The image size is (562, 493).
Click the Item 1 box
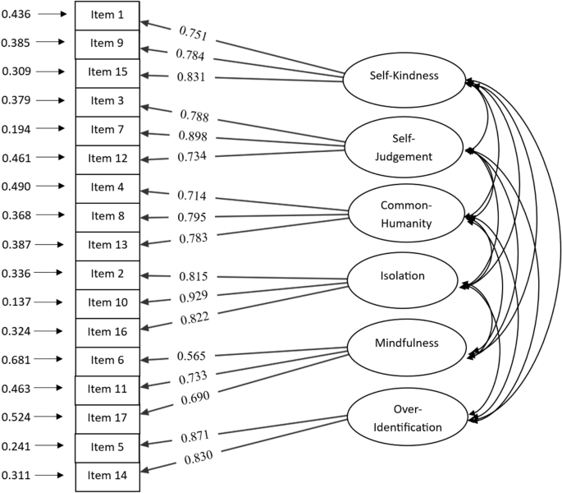[x=107, y=15]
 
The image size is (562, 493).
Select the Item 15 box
[x=107, y=72]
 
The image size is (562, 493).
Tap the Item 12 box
[x=107, y=159]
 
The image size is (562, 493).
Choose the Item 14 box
[x=107, y=476]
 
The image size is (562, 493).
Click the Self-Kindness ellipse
[x=403, y=76]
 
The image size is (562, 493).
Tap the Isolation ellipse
[x=403, y=275]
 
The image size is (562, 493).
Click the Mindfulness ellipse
[x=403, y=343]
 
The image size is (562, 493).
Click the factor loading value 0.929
[x=194, y=296]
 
